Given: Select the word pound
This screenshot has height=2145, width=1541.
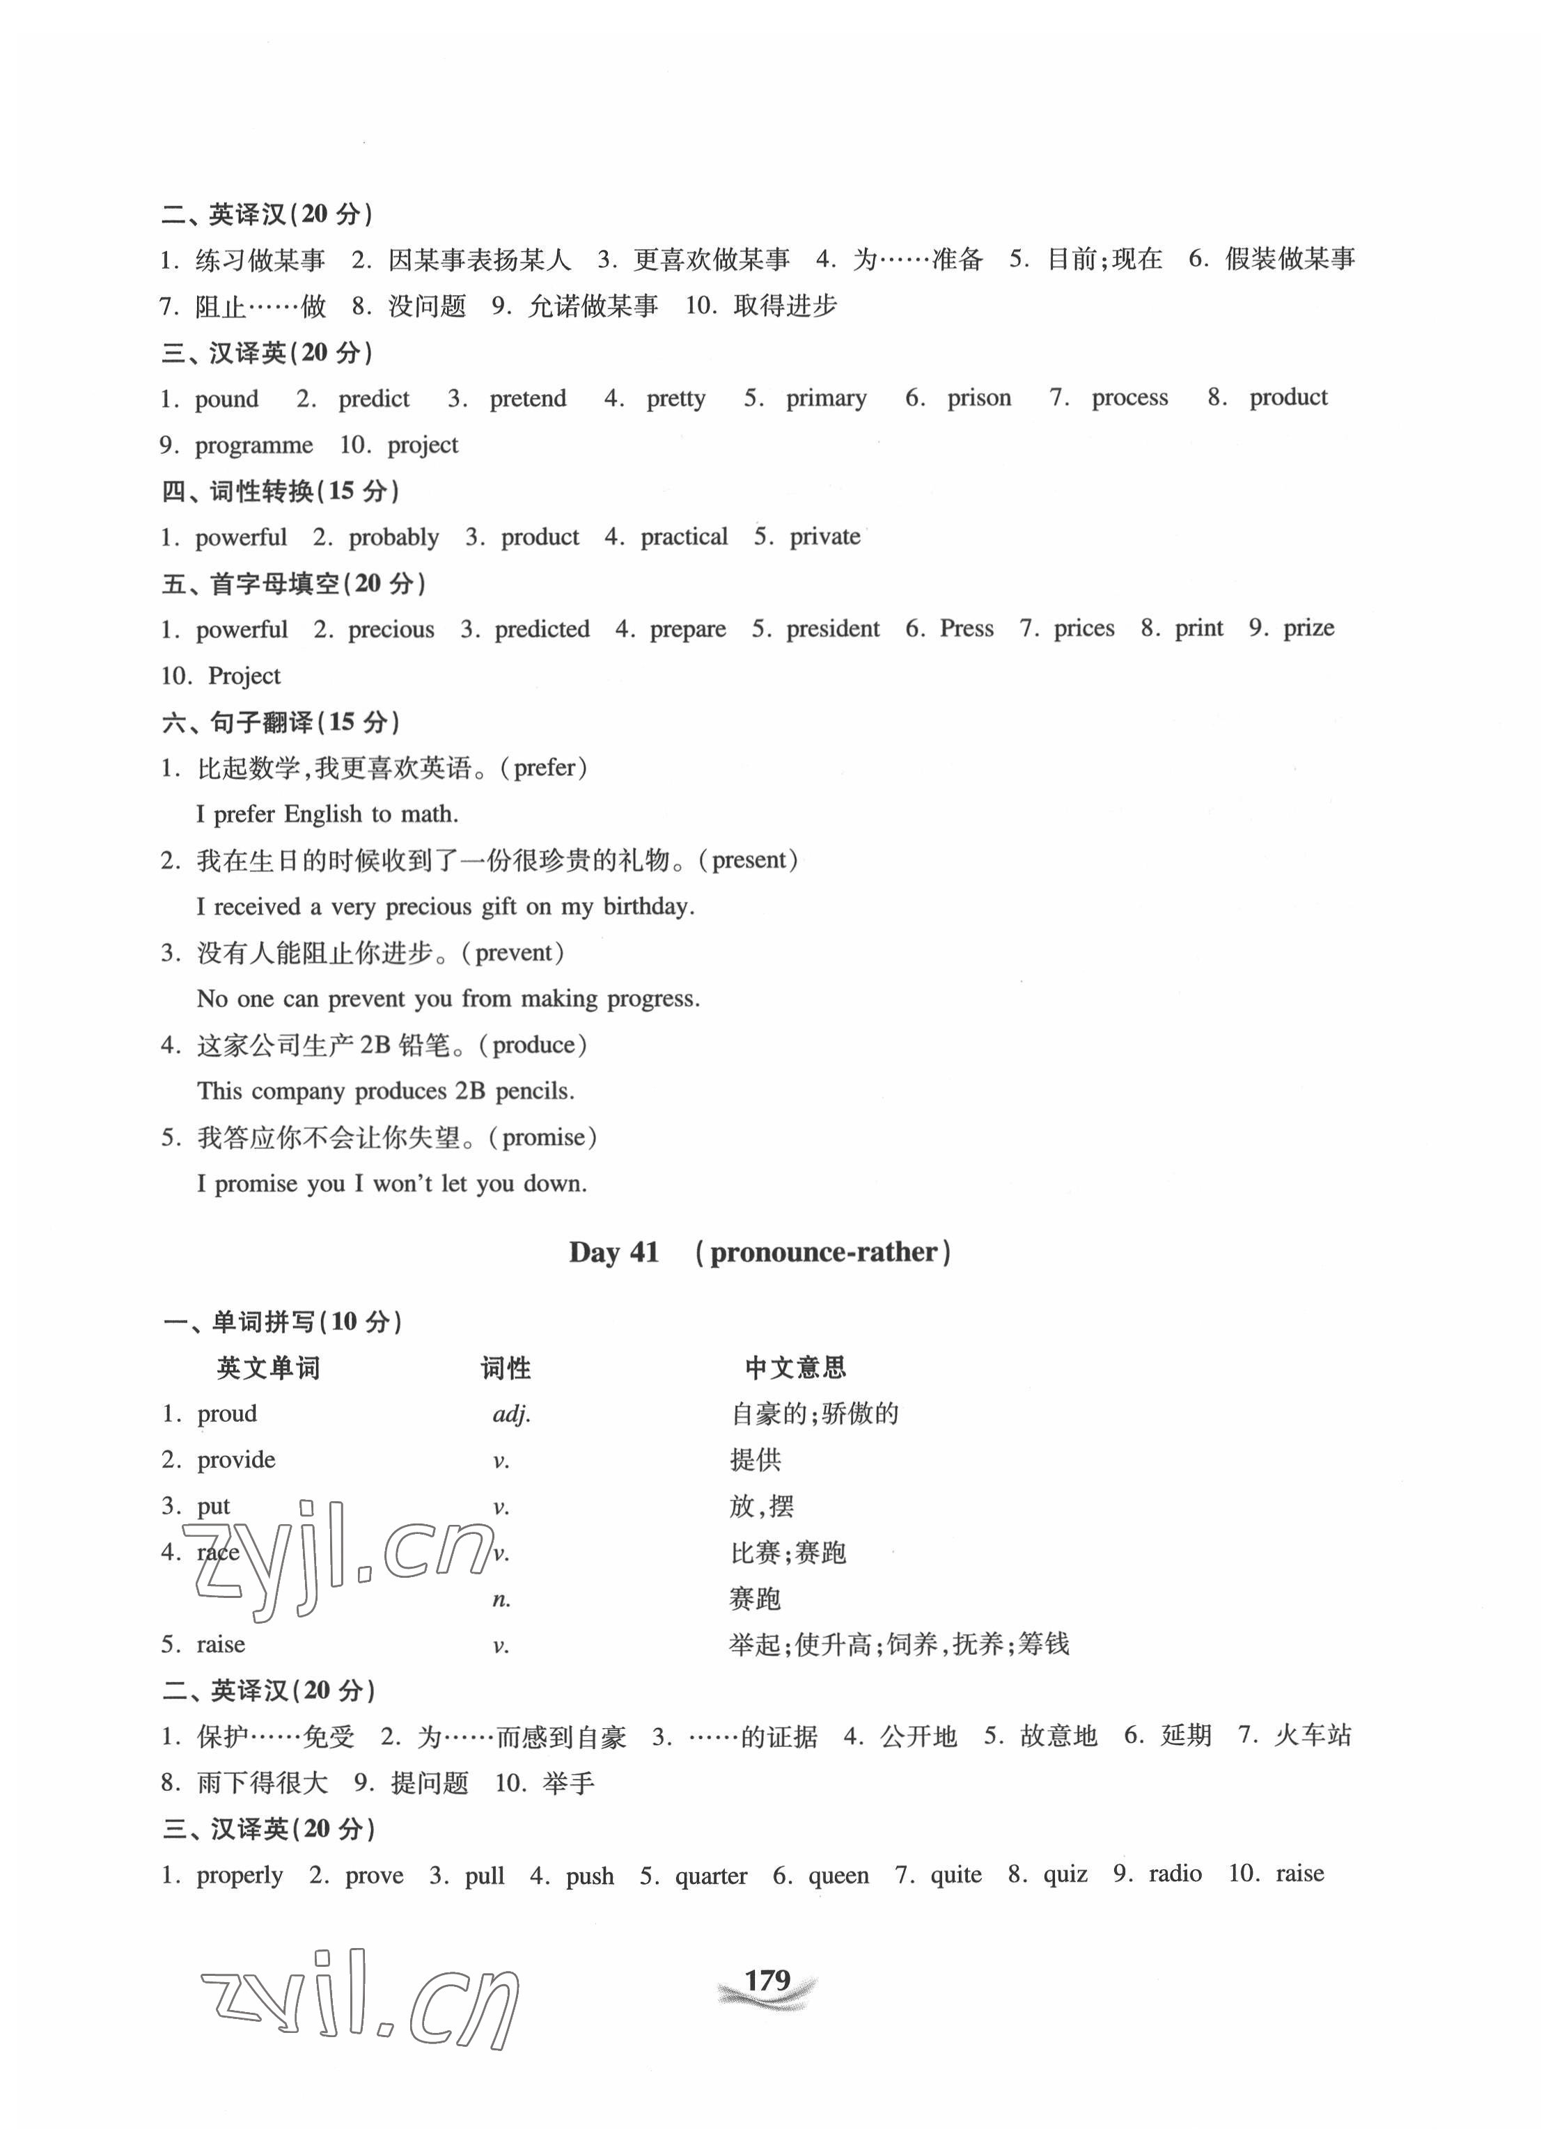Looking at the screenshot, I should [x=226, y=399].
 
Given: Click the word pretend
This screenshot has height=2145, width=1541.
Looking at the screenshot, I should [x=527, y=399].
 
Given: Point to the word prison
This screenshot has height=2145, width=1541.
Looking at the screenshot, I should [x=978, y=398].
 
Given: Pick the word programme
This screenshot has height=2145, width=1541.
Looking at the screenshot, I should [x=253, y=445].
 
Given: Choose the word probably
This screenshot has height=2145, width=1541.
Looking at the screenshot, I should [x=393, y=537].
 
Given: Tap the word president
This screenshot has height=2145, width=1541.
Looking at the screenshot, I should [x=832, y=629].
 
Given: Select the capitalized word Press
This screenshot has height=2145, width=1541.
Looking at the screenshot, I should [x=966, y=629].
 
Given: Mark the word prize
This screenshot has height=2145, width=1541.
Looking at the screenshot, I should [x=1308, y=629].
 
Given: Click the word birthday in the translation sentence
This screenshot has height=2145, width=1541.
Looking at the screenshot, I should [x=648, y=906].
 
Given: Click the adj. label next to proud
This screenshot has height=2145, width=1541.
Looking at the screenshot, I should [x=512, y=1414].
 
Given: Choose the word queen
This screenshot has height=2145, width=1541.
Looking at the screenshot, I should [x=838, y=1876].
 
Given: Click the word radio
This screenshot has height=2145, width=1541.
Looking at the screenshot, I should [x=1175, y=1874].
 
